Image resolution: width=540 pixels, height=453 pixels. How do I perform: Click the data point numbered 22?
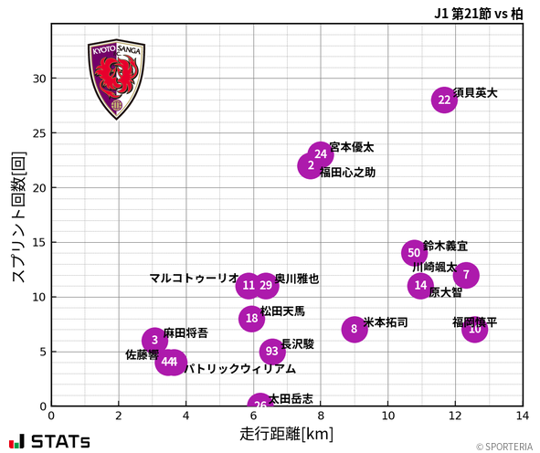pyautogui.click(x=444, y=100)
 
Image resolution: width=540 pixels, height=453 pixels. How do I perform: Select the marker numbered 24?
pyautogui.click(x=320, y=154)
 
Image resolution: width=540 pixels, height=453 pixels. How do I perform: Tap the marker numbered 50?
pyautogui.click(x=414, y=253)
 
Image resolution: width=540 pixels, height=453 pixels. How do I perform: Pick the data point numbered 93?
pyautogui.click(x=271, y=352)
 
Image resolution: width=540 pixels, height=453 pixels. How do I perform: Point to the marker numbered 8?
pyautogui.click(x=354, y=330)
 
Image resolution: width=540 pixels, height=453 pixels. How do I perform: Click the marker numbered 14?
pyautogui.click(x=419, y=286)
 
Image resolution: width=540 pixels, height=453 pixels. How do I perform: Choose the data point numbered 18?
pyautogui.click(x=252, y=319)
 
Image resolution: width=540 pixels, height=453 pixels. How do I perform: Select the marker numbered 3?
pyautogui.click(x=155, y=341)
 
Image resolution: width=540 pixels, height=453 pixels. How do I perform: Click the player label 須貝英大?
pyautogui.click(x=475, y=93)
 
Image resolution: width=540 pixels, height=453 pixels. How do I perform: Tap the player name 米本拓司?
pyautogui.click(x=386, y=322)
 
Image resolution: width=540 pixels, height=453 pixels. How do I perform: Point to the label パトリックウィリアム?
pyautogui.click(x=240, y=369)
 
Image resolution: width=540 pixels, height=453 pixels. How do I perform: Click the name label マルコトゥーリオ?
pyautogui.click(x=194, y=279)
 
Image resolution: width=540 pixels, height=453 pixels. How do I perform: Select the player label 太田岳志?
pyautogui.click(x=291, y=399)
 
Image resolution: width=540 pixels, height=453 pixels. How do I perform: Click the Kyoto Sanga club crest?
pyautogui.click(x=116, y=79)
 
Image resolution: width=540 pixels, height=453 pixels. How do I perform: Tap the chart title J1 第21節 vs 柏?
pyautogui.click(x=478, y=14)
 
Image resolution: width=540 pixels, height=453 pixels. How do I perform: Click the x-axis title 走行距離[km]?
pyautogui.click(x=287, y=432)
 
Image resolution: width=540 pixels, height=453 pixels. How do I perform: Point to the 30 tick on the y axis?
pyautogui.click(x=38, y=79)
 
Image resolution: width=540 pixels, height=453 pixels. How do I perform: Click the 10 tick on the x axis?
pyautogui.click(x=387, y=416)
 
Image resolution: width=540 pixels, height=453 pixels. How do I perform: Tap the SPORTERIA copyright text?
pyautogui.click(x=504, y=447)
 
